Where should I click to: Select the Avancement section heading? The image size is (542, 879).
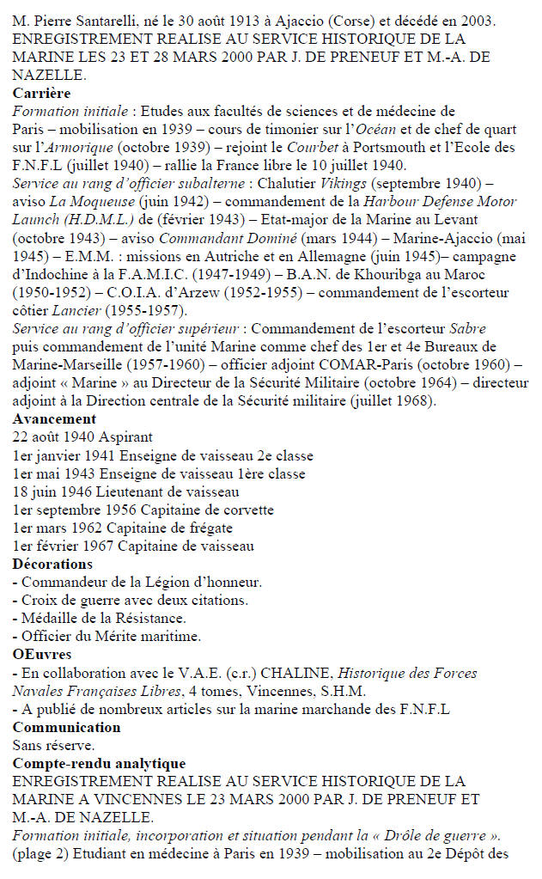(54, 418)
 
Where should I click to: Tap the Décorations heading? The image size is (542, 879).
(52, 564)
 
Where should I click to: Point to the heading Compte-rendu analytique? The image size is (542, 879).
(99, 763)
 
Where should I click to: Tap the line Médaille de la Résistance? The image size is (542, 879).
(99, 618)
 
